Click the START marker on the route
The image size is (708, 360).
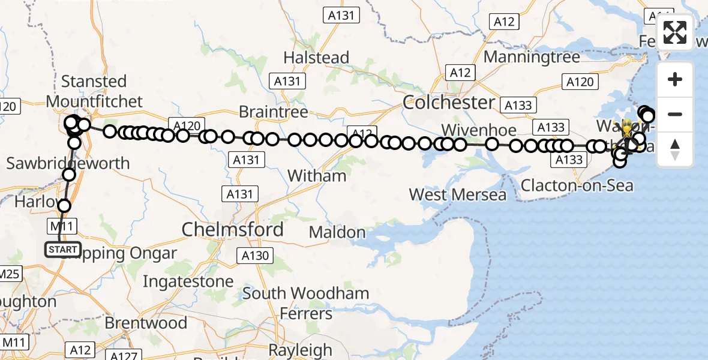click(x=62, y=249)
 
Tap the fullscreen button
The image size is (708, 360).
click(x=675, y=32)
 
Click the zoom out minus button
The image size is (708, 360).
click(x=675, y=114)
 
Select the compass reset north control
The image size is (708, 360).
click(x=675, y=149)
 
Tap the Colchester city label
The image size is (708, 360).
click(x=449, y=102)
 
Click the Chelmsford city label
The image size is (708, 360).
click(x=232, y=229)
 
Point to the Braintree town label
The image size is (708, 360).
click(x=273, y=112)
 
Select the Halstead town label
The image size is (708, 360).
click(x=316, y=58)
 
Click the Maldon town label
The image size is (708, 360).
click(x=337, y=232)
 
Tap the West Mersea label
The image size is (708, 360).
click(x=457, y=194)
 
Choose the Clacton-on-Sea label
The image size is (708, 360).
click(x=577, y=185)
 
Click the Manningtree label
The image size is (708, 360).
click(x=532, y=57)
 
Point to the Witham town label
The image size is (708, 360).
click(x=317, y=176)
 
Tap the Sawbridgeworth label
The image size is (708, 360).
click(x=68, y=163)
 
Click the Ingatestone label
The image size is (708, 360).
click(x=188, y=281)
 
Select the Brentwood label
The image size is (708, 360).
click(x=146, y=323)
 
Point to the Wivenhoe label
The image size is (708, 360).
click(x=478, y=130)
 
